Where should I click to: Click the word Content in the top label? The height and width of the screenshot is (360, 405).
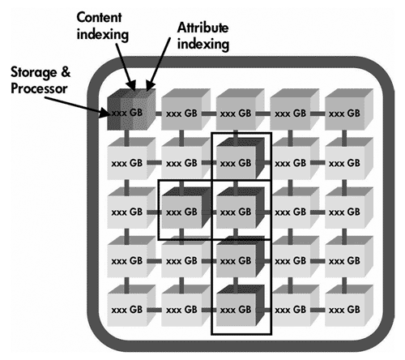pos(99,18)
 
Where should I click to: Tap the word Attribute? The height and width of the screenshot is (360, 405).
pos(202,28)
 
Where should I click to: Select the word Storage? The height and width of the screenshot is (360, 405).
pos(34,72)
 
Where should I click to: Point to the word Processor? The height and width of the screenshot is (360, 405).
pos(39,88)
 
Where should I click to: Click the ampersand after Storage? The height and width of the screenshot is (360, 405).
pos(66,72)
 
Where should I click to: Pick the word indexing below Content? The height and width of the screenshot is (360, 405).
pos(103,35)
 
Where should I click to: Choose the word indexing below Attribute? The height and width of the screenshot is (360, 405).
pos(203,45)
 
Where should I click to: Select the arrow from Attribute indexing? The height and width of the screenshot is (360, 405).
pos(160,64)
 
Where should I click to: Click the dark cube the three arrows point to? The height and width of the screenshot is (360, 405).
pos(132,109)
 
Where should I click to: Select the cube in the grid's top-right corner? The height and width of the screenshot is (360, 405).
pos(349,109)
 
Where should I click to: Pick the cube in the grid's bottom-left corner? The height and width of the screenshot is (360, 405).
pos(131,306)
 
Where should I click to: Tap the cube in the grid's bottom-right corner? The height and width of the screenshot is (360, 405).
pos(349,306)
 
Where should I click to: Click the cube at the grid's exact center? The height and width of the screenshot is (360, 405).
pos(241,208)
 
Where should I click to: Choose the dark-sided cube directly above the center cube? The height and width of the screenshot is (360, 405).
pos(241,159)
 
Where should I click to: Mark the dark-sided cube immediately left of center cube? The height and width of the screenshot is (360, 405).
pos(185,208)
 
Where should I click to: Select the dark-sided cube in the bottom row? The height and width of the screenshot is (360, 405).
pos(241,306)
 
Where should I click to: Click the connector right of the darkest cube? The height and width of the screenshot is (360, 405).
pos(159,114)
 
